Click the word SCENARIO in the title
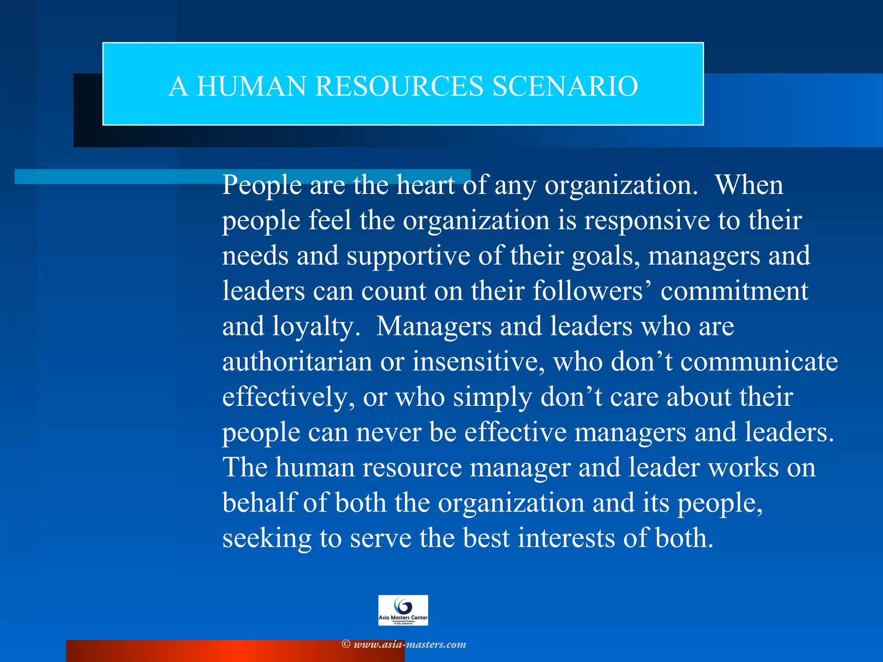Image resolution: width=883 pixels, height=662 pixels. [565, 86]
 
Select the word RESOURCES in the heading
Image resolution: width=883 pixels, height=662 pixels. [399, 86]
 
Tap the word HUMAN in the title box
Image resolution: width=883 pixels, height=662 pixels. [251, 86]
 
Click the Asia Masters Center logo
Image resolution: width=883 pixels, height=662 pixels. [403, 610]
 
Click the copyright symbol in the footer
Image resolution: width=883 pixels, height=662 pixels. [346, 644]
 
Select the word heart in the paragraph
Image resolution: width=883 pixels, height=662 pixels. [426, 185]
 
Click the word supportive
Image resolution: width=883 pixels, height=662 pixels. [408, 256]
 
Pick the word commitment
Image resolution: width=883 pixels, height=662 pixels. [734, 291]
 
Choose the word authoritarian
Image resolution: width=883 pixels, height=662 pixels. [297, 362]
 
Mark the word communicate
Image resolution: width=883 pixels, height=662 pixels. [759, 362]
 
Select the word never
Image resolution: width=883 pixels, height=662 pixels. [388, 432]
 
